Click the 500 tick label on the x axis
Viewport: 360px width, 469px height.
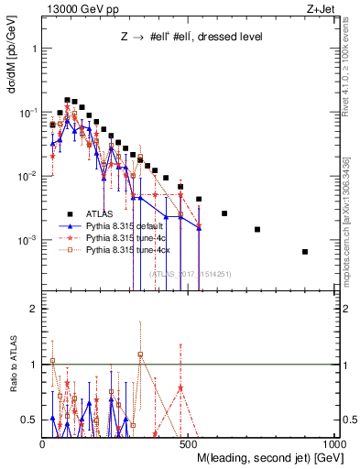[x=190, y=442]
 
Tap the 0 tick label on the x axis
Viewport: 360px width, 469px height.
[x=44, y=442]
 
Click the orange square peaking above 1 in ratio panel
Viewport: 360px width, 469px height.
[x=140, y=354]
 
